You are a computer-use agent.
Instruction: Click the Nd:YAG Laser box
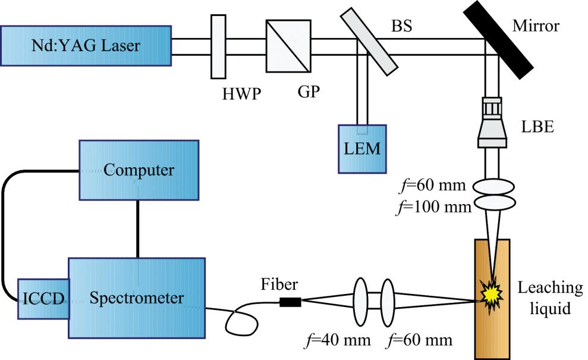86,45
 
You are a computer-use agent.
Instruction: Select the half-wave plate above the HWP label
218,46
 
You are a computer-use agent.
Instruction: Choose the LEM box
361,149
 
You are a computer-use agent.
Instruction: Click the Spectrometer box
137,298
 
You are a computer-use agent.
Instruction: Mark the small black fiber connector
290,302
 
